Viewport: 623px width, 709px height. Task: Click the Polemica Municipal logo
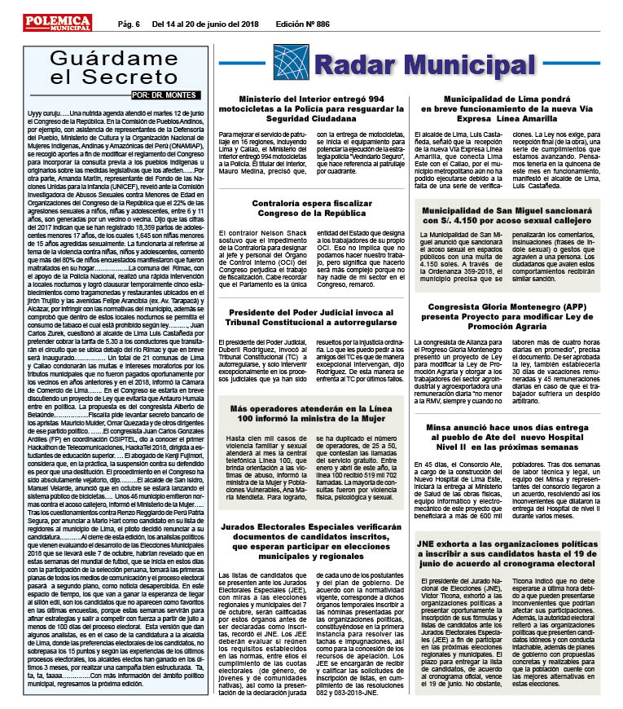click(x=56, y=21)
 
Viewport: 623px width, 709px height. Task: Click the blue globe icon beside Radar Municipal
click(x=289, y=62)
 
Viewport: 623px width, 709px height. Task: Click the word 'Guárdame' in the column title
click(x=112, y=58)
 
